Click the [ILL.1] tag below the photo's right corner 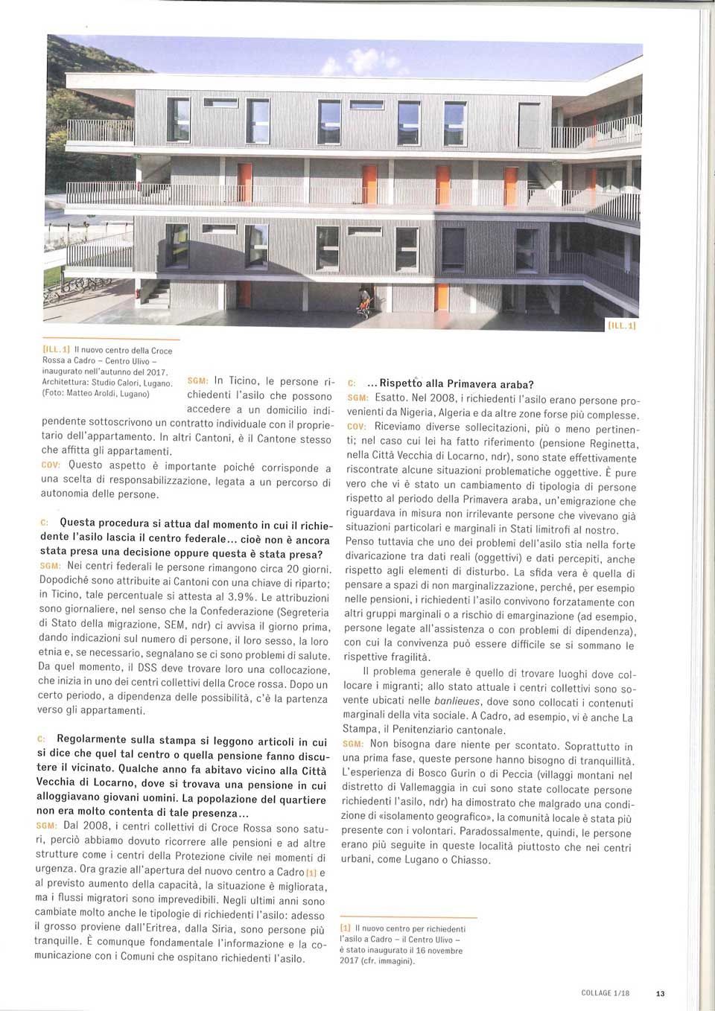pyautogui.click(x=622, y=325)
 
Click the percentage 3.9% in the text pyautogui.click(x=241, y=597)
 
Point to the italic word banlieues pyautogui.click(x=457, y=701)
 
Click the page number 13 pyautogui.click(x=660, y=993)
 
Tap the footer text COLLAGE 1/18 pyautogui.click(x=605, y=993)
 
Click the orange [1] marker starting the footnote pyautogui.click(x=346, y=928)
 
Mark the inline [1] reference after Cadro pyautogui.click(x=311, y=872)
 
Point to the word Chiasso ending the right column pyautogui.click(x=469, y=860)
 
